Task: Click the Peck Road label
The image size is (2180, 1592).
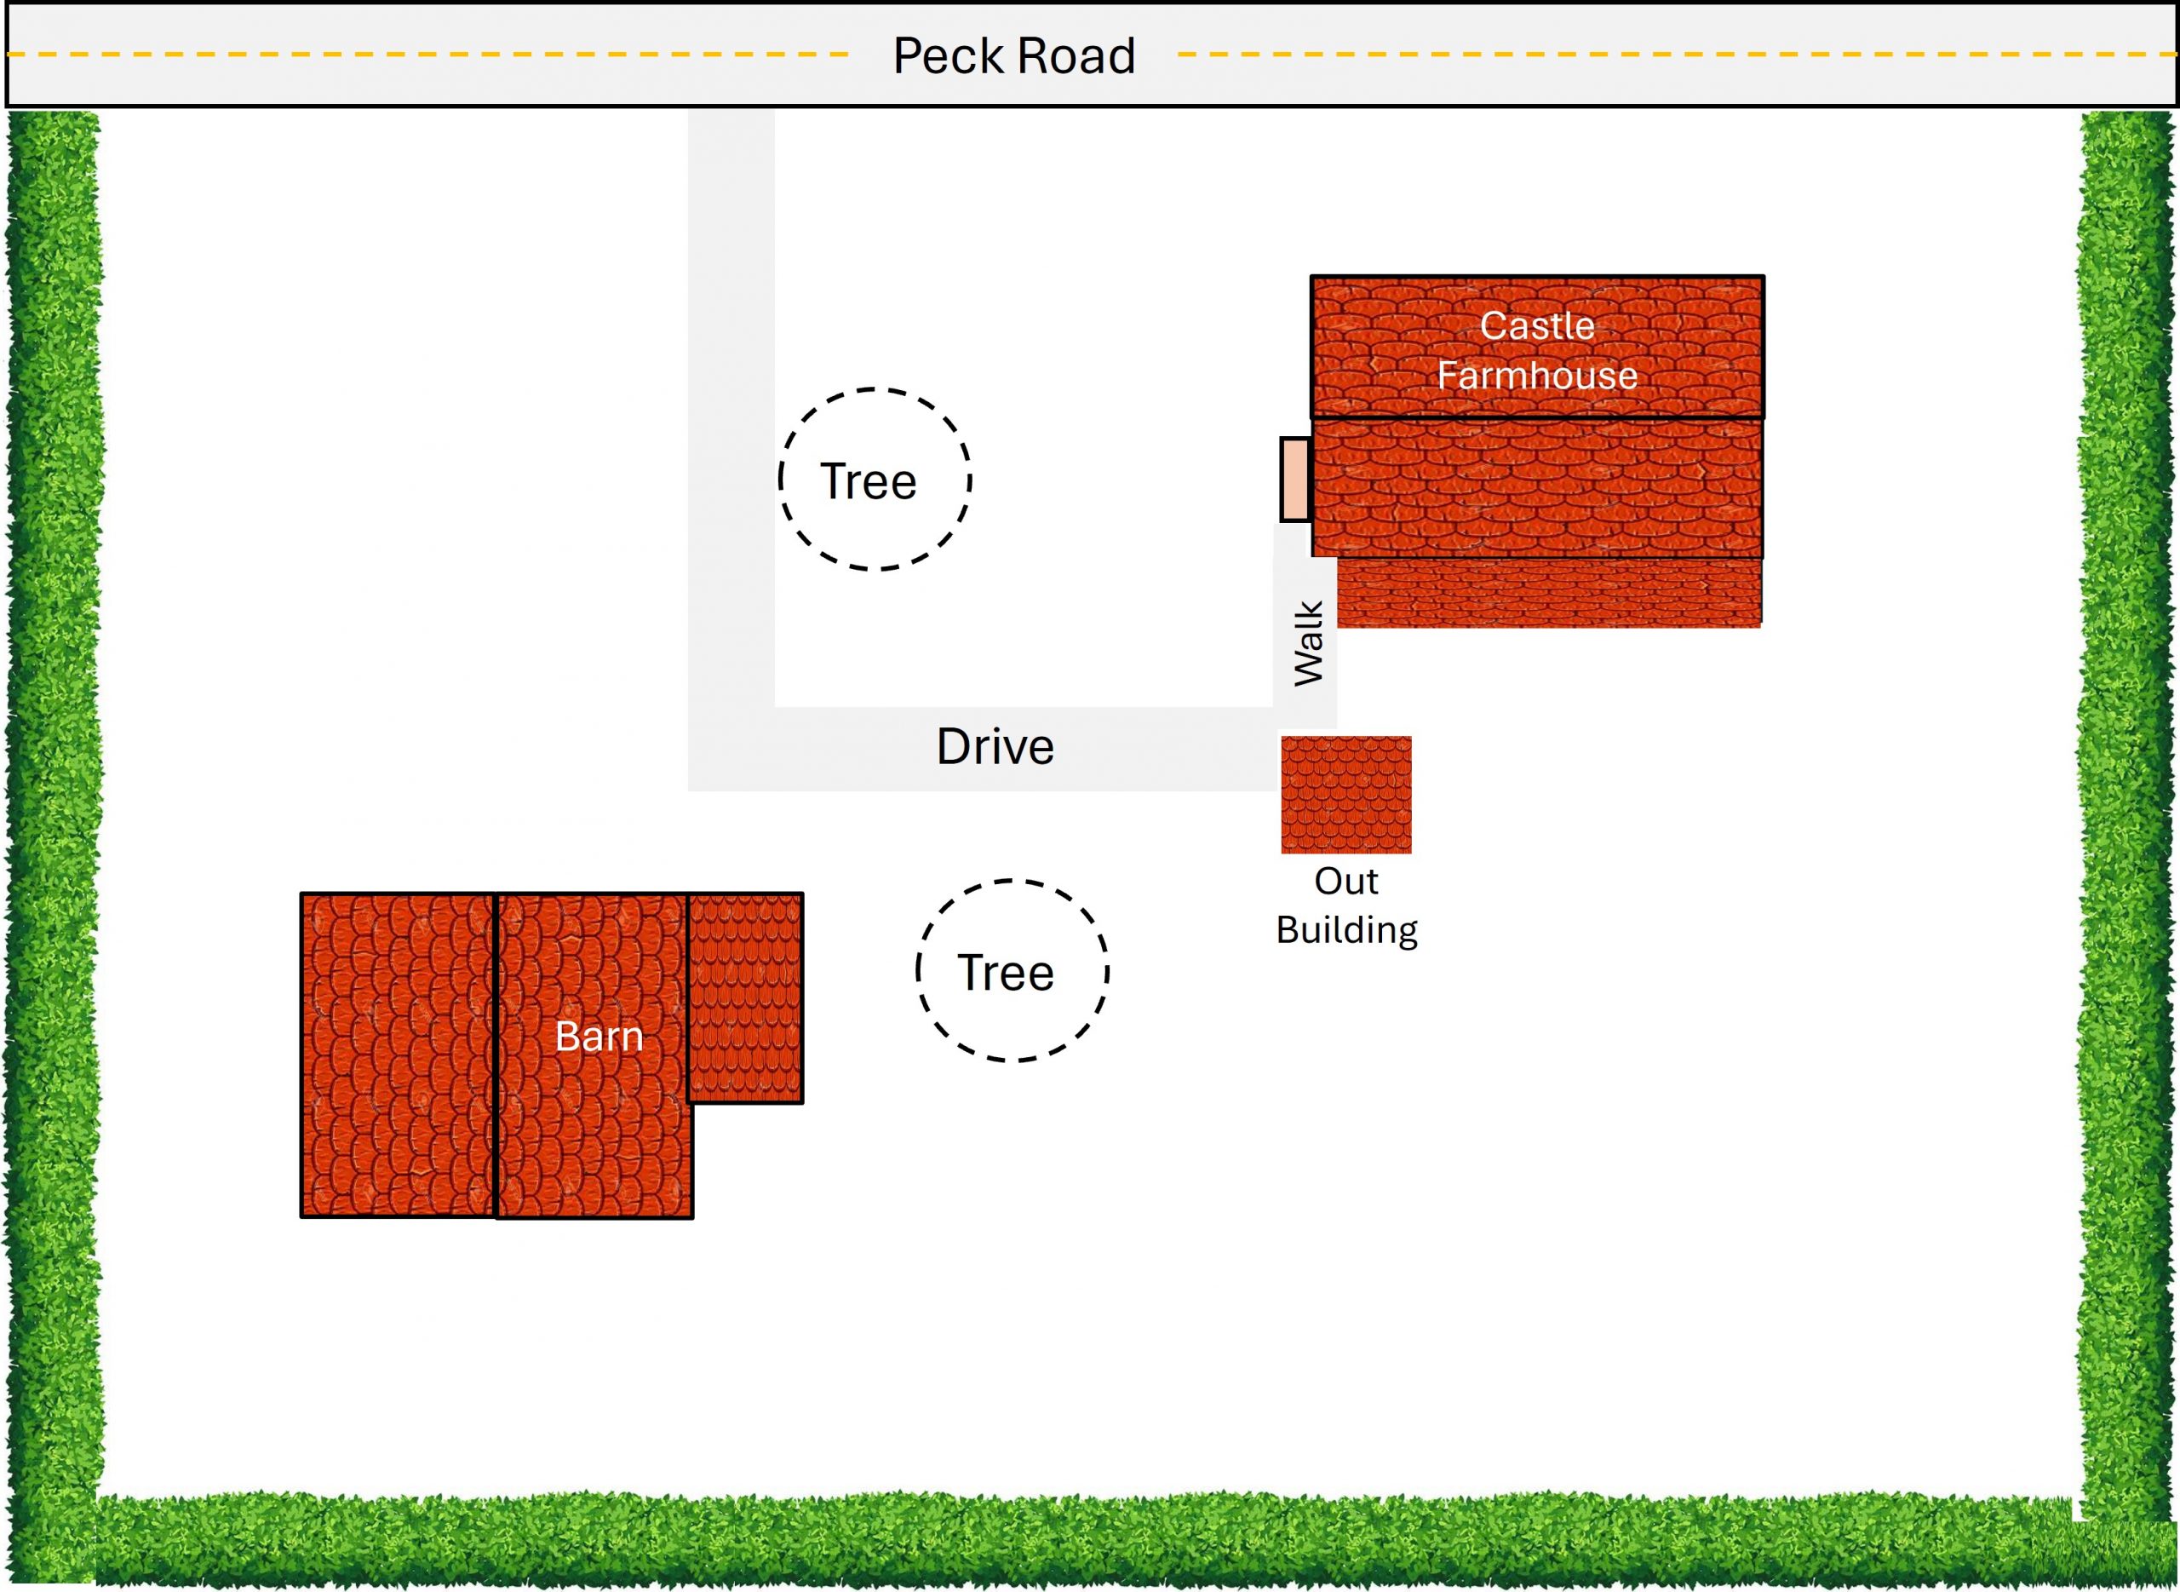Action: [x=1013, y=56]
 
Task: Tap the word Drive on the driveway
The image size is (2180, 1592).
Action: [x=995, y=747]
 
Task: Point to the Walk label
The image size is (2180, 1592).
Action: [x=1308, y=644]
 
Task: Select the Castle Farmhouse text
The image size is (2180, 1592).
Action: [x=1536, y=351]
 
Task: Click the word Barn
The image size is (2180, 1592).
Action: [x=599, y=1037]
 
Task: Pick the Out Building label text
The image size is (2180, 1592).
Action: [x=1345, y=905]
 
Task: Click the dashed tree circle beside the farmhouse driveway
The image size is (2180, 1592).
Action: [x=875, y=480]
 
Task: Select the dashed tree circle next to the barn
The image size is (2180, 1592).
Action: [x=1012, y=970]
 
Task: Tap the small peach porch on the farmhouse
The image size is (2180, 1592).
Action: [x=1294, y=480]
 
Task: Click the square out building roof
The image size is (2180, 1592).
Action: [x=1345, y=795]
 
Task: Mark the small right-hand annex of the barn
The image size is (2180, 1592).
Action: [x=744, y=997]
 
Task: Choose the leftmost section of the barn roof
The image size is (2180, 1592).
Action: [x=397, y=1055]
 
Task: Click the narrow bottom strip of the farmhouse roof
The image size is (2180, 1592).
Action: [x=1549, y=594]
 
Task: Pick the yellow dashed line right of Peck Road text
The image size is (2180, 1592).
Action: [x=1676, y=55]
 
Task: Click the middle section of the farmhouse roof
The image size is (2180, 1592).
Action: [x=1536, y=487]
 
